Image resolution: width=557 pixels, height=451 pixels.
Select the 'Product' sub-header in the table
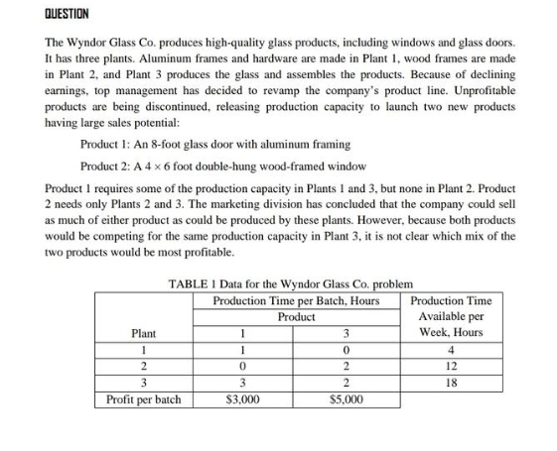(x=296, y=316)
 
